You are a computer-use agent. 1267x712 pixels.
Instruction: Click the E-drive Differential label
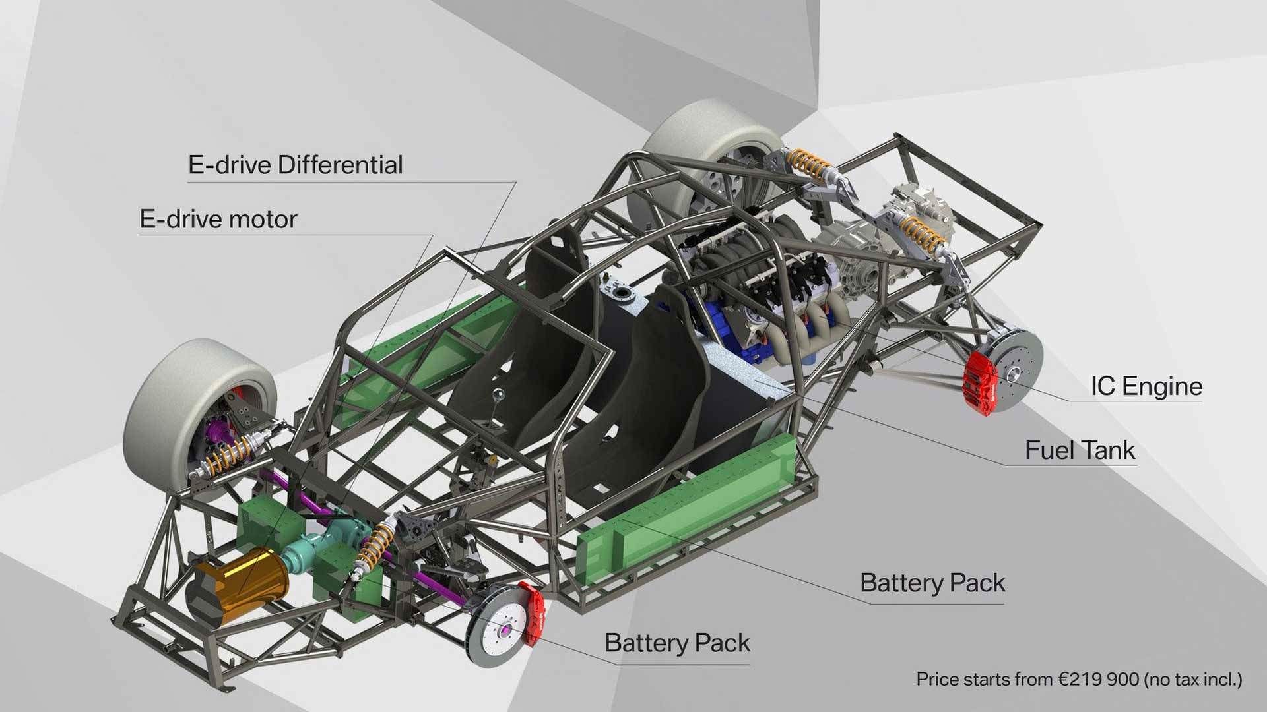[x=296, y=165]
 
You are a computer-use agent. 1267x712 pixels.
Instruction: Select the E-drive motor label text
[x=218, y=219]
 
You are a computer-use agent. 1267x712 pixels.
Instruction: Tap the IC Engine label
[x=1146, y=386]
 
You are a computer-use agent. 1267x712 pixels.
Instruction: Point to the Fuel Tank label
[x=1080, y=450]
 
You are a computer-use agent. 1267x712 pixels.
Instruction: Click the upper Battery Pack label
[x=932, y=583]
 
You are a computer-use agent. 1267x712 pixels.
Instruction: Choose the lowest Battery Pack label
[x=677, y=643]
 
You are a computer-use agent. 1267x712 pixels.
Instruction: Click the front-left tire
[x=199, y=416]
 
